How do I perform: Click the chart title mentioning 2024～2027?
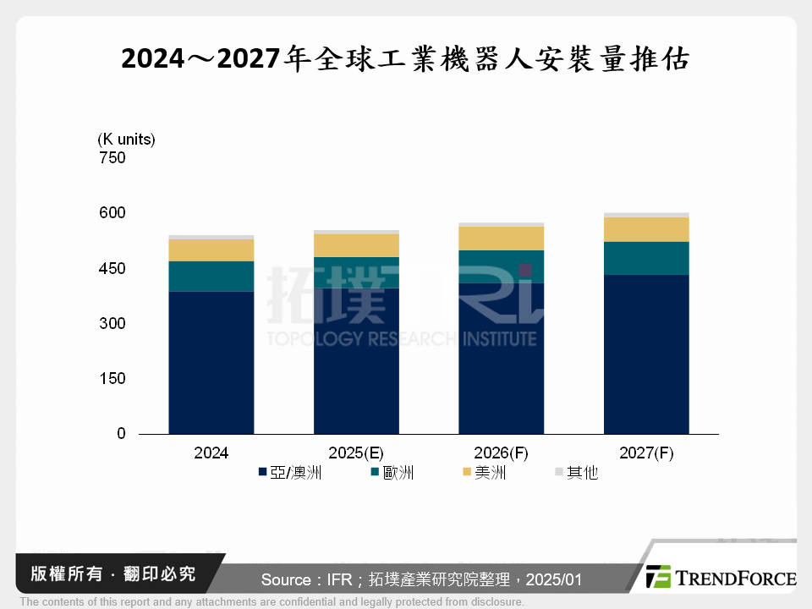click(406, 60)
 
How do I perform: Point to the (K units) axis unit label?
click(126, 139)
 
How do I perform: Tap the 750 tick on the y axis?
click(112, 158)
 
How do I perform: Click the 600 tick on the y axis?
click(112, 213)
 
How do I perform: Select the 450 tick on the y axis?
click(112, 269)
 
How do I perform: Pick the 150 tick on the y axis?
click(112, 379)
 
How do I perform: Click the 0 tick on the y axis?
click(120, 434)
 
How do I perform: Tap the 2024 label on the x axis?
click(211, 453)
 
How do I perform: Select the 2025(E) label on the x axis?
click(356, 453)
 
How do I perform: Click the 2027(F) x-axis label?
click(646, 453)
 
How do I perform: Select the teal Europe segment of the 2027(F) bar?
click(646, 258)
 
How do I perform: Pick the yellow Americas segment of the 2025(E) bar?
click(356, 245)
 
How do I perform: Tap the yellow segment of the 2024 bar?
click(211, 250)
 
